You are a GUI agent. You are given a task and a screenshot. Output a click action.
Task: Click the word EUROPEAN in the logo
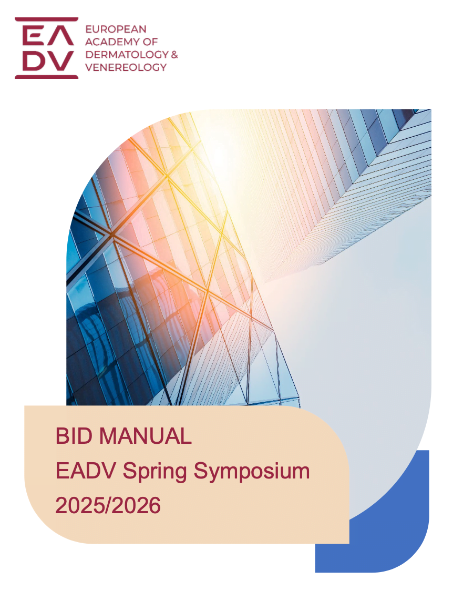[x=116, y=29]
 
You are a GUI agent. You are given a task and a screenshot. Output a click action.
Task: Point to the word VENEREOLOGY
[x=126, y=67]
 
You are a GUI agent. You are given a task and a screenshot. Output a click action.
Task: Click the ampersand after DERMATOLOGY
[x=174, y=55]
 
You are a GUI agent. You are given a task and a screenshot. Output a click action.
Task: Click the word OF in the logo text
[x=150, y=42]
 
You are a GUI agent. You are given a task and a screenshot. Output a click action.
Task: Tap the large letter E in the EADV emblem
[x=33, y=36]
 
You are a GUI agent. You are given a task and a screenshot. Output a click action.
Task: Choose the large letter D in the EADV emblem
[x=34, y=61]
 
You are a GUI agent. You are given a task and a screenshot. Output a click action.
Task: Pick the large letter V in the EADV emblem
[x=61, y=61]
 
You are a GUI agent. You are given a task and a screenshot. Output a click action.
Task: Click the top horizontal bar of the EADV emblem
[x=46, y=19]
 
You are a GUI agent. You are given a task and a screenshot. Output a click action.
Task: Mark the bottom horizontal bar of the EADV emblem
[x=46, y=77]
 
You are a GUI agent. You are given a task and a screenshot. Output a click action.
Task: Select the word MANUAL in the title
[x=145, y=436]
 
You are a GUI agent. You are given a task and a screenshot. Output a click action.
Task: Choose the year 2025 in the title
[x=79, y=506]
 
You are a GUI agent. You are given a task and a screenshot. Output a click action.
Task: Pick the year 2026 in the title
[x=136, y=506]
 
